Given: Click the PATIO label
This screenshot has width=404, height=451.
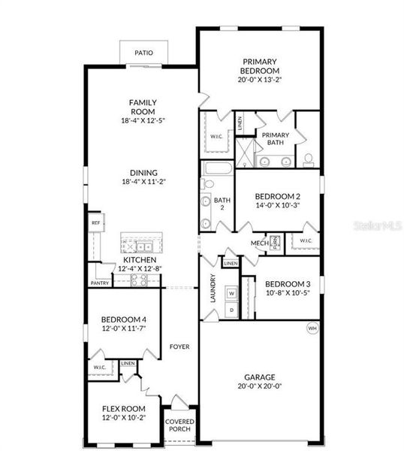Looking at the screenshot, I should click(143, 53).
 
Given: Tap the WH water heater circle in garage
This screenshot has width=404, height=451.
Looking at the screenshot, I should click(312, 328).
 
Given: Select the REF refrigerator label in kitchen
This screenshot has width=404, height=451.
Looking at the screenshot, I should click(95, 223).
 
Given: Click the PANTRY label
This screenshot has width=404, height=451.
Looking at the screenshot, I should click(100, 283).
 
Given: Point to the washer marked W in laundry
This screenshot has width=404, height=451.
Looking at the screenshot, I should click(231, 293).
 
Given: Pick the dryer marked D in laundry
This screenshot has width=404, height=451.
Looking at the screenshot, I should click(231, 310).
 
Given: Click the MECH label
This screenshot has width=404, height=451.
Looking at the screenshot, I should click(260, 243).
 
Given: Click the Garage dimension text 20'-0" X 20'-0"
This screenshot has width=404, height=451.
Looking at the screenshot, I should click(260, 387).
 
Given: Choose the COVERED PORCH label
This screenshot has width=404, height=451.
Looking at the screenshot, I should click(179, 426).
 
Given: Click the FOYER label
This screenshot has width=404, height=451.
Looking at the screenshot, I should click(179, 347).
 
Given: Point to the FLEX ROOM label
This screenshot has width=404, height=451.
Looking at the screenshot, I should click(123, 408).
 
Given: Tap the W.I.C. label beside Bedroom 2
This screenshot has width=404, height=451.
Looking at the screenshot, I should click(306, 241).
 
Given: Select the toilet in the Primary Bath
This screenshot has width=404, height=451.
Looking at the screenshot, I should click(308, 159).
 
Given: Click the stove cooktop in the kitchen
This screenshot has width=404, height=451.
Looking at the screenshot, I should click(139, 279).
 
